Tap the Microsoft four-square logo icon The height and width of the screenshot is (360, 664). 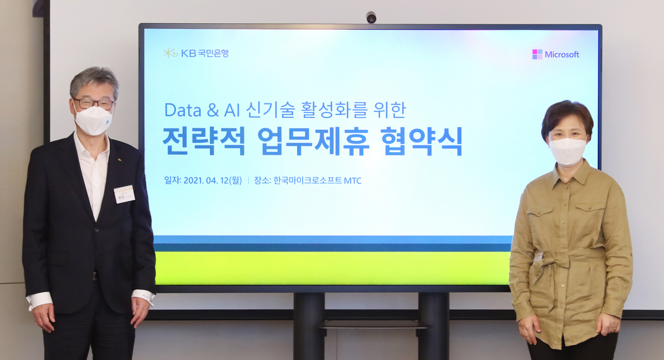(537, 54)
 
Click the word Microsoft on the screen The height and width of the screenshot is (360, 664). (562, 54)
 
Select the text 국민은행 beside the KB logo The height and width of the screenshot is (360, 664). (213, 53)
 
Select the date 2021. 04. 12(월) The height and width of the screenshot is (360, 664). (212, 180)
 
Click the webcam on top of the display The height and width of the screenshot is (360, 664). (371, 18)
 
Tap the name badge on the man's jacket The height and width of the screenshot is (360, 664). (124, 194)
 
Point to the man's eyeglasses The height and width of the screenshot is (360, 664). (94, 103)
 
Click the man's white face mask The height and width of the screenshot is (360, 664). (94, 120)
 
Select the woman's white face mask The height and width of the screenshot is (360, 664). (567, 151)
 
